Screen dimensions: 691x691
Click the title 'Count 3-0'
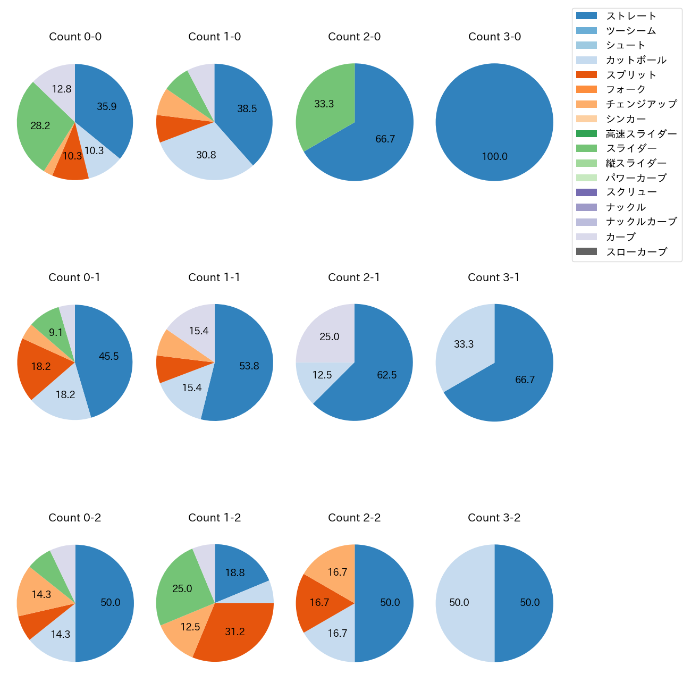(494, 37)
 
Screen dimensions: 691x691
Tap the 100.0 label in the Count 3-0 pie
(494, 156)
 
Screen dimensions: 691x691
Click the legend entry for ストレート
(631, 16)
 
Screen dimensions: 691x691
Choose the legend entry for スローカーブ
(636, 252)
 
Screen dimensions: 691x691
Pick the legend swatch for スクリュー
(586, 192)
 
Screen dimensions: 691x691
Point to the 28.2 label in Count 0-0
(40, 126)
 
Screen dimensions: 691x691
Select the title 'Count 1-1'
(214, 277)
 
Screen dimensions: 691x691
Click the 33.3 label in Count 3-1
(464, 344)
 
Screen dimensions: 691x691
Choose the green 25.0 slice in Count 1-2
(182, 588)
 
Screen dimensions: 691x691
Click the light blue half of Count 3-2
(459, 603)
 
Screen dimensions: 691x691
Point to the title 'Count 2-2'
(354, 518)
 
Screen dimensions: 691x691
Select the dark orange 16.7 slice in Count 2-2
(319, 603)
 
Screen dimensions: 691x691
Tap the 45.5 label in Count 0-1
(108, 357)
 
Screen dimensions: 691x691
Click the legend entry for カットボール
(636, 60)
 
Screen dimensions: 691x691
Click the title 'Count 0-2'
(74, 518)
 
